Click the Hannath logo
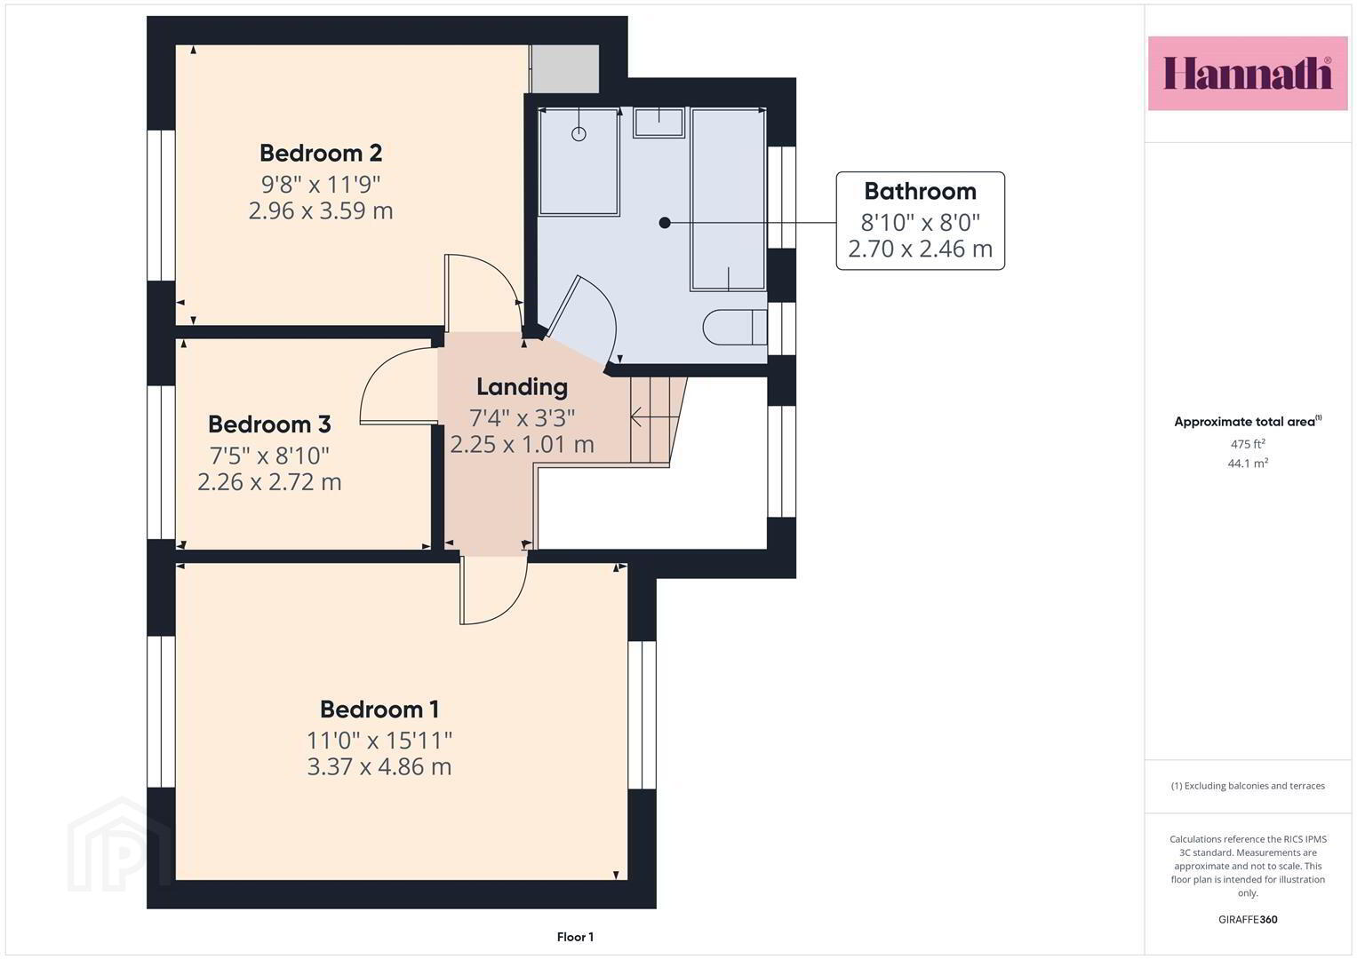pyautogui.click(x=1248, y=73)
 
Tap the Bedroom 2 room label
pyautogui.click(x=321, y=153)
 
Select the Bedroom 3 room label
pyautogui.click(x=269, y=424)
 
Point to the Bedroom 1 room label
pyautogui.click(x=379, y=709)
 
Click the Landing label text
pyautogui.click(x=523, y=387)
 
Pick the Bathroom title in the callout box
pyautogui.click(x=920, y=191)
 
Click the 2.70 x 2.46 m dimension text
pyautogui.click(x=920, y=249)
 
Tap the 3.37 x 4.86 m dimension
pyautogui.click(x=379, y=766)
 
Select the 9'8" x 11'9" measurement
pyautogui.click(x=321, y=184)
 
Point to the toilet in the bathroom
pyautogui.click(x=735, y=327)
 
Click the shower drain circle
pyautogui.click(x=579, y=134)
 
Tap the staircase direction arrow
pyautogui.click(x=654, y=416)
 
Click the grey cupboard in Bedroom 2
pyautogui.click(x=564, y=69)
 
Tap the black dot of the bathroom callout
pyautogui.click(x=665, y=223)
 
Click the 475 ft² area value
pyautogui.click(x=1248, y=444)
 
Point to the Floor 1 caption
pyautogui.click(x=576, y=937)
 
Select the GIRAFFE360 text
pyautogui.click(x=1248, y=920)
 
